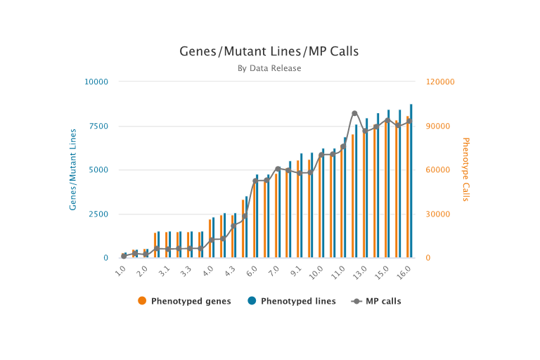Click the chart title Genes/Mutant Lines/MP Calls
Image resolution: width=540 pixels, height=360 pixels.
click(269, 52)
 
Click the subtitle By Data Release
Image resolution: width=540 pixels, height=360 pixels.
click(269, 68)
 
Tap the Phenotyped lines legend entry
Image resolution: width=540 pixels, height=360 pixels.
click(291, 301)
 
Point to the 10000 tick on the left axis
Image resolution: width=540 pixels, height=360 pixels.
click(96, 82)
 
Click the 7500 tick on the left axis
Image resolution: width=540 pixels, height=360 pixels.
click(98, 126)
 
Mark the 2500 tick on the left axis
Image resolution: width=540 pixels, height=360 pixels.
click(98, 214)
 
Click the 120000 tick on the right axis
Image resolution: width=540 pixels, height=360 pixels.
click(441, 82)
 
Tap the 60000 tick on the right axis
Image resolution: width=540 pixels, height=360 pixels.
click(439, 170)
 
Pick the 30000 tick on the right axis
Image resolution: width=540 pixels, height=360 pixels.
click(439, 214)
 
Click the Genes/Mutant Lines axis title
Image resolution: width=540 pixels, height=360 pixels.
click(72, 169)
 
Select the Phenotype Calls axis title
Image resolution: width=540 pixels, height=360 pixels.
click(465, 169)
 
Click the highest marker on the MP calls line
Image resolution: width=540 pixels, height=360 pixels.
click(354, 113)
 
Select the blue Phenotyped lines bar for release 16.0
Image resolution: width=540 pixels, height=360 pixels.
click(411, 181)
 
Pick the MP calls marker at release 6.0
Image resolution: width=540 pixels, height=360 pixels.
click(255, 181)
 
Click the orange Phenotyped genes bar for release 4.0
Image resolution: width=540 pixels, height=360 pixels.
click(210, 239)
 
